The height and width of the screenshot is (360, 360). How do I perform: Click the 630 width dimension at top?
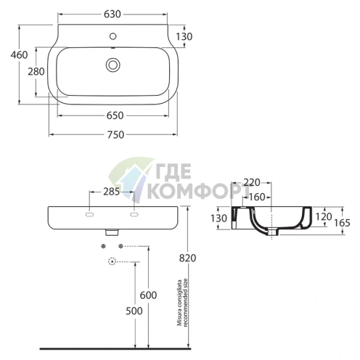pos(112,15)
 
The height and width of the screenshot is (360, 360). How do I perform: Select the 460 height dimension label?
pos(19,55)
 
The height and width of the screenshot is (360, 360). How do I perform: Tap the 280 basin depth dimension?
pos(36,72)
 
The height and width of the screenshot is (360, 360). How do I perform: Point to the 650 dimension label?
pos(115,115)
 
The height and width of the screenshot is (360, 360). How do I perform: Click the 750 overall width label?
pos(115,135)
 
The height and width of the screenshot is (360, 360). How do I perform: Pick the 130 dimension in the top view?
pos(184,37)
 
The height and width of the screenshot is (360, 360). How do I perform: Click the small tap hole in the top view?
pos(113,36)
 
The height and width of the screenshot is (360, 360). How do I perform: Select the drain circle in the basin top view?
pos(113,65)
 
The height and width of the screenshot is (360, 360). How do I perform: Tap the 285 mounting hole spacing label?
pos(112,192)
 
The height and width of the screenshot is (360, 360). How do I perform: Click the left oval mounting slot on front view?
pos(89,214)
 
